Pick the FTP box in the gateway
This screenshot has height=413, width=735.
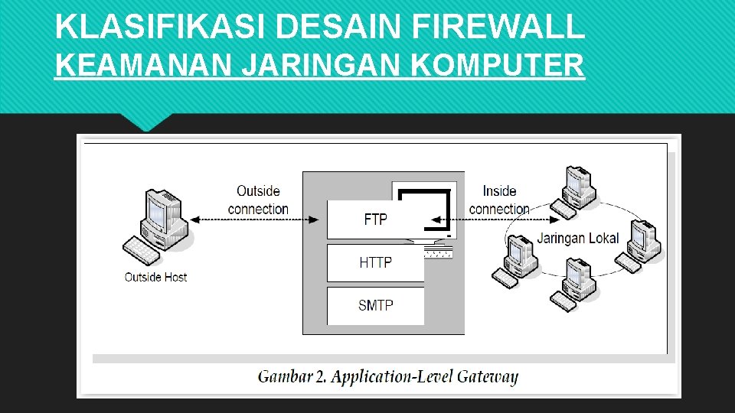coord(375,220)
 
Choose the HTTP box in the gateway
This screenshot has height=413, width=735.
coord(375,262)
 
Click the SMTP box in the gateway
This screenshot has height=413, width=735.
coord(375,305)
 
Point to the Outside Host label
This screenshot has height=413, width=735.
coord(155,277)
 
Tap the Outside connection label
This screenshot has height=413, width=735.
coord(258,200)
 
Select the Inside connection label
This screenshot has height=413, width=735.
coord(499,200)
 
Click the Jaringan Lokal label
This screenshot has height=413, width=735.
coord(577,238)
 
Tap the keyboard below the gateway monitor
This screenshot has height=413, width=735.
coord(436,252)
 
